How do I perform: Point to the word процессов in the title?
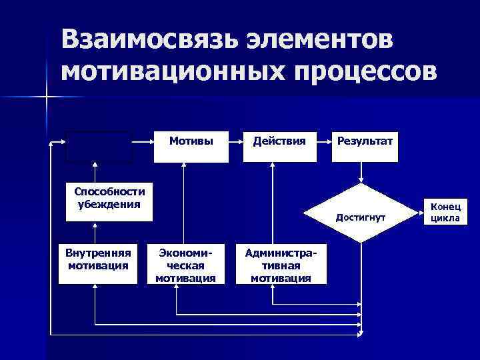pos(361,70)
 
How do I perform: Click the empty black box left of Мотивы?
pos(99,146)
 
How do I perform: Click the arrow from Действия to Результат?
pos(323,142)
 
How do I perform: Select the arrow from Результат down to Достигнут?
pos(361,173)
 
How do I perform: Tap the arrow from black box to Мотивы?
pos(143,142)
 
